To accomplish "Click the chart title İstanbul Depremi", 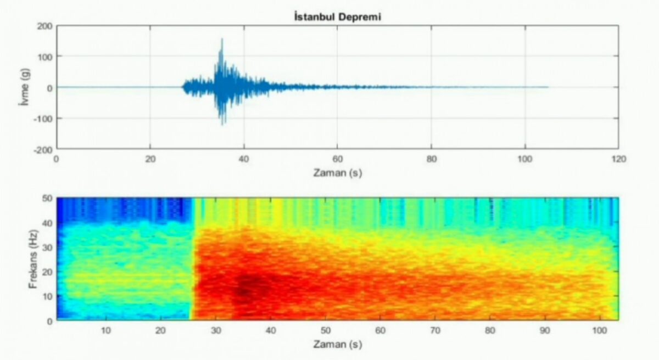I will [x=337, y=17].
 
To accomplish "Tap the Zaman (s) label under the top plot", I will [x=337, y=173].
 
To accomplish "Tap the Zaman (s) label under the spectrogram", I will [x=337, y=345].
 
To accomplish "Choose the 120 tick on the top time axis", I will [x=618, y=159].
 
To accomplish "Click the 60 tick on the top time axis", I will [x=337, y=159].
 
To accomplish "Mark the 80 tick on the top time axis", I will [x=431, y=159].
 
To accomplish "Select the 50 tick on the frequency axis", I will [x=47, y=198].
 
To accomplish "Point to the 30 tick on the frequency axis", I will [x=47, y=247].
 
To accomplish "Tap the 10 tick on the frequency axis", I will [x=47, y=296].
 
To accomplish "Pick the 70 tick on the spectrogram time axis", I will [x=434, y=331].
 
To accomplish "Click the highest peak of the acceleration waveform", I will [x=222, y=40].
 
